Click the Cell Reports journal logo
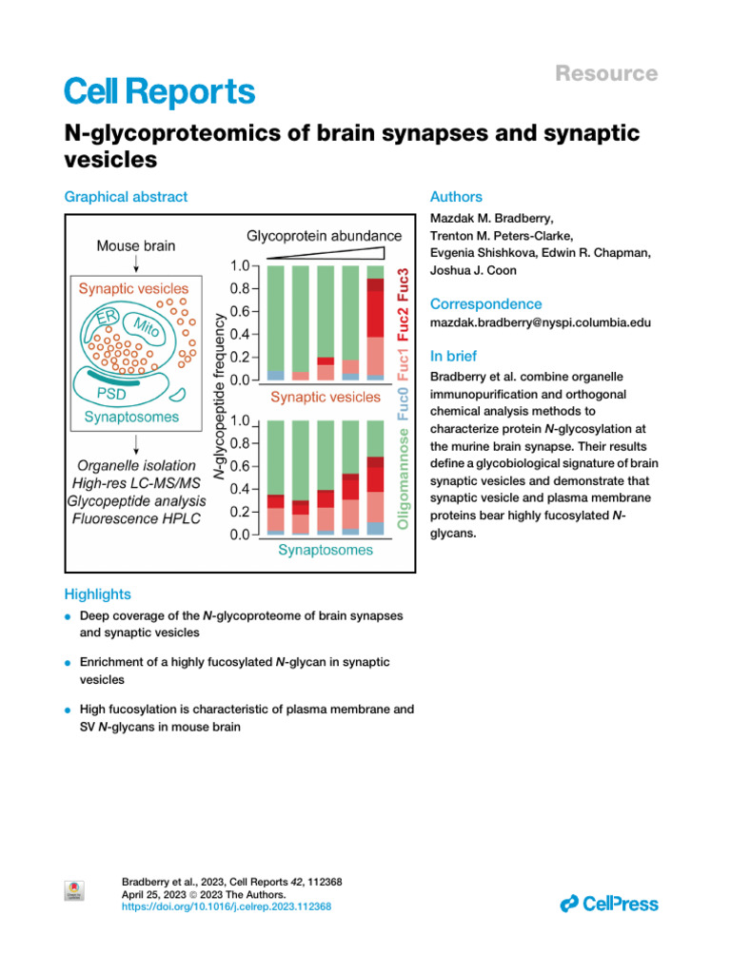pos(159,92)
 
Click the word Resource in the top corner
pos(606,73)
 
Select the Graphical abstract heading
pos(126,197)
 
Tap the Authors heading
pos(456,197)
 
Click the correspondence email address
pos(541,322)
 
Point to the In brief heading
pos(456,357)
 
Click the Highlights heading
pos(97,594)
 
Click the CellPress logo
pos(609,904)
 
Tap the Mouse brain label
pos(136,245)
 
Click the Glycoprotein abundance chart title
pos(325,235)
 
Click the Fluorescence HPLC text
pos(136,519)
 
